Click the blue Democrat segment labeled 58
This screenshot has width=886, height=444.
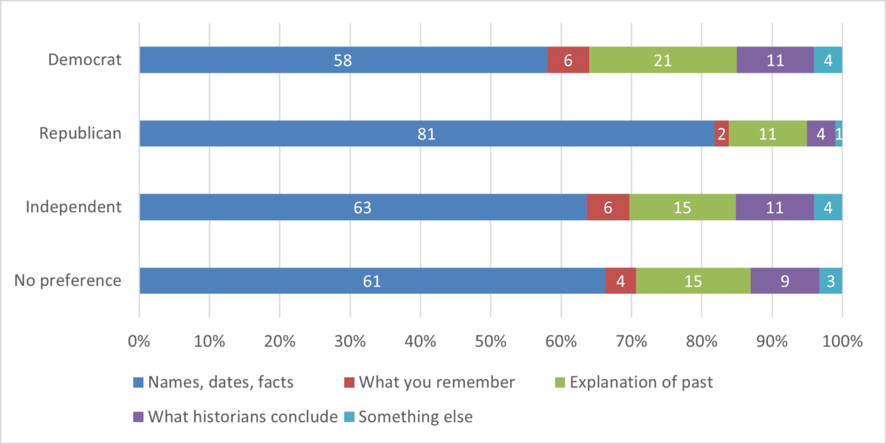tap(343, 60)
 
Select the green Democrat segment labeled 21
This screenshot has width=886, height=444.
tap(662, 60)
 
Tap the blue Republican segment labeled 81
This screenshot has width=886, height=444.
tap(427, 134)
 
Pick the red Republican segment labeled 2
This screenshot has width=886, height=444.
tap(721, 134)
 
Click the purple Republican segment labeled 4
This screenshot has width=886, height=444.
tap(821, 134)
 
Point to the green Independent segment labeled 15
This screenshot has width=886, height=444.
tap(682, 208)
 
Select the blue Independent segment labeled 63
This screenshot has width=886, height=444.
tap(363, 208)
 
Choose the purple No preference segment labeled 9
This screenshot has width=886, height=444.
tap(785, 281)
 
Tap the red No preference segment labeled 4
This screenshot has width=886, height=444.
tap(620, 281)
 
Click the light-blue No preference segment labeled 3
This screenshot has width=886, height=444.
tap(831, 281)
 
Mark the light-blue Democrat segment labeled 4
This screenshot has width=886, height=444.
tap(828, 60)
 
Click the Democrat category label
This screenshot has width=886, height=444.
tap(84, 59)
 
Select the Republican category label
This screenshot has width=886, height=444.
tap(80, 133)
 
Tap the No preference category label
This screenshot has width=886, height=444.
tap(68, 281)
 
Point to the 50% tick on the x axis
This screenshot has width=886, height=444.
tap(490, 342)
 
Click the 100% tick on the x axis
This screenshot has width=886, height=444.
tap(842, 342)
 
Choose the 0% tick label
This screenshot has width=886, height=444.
tap(140, 342)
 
